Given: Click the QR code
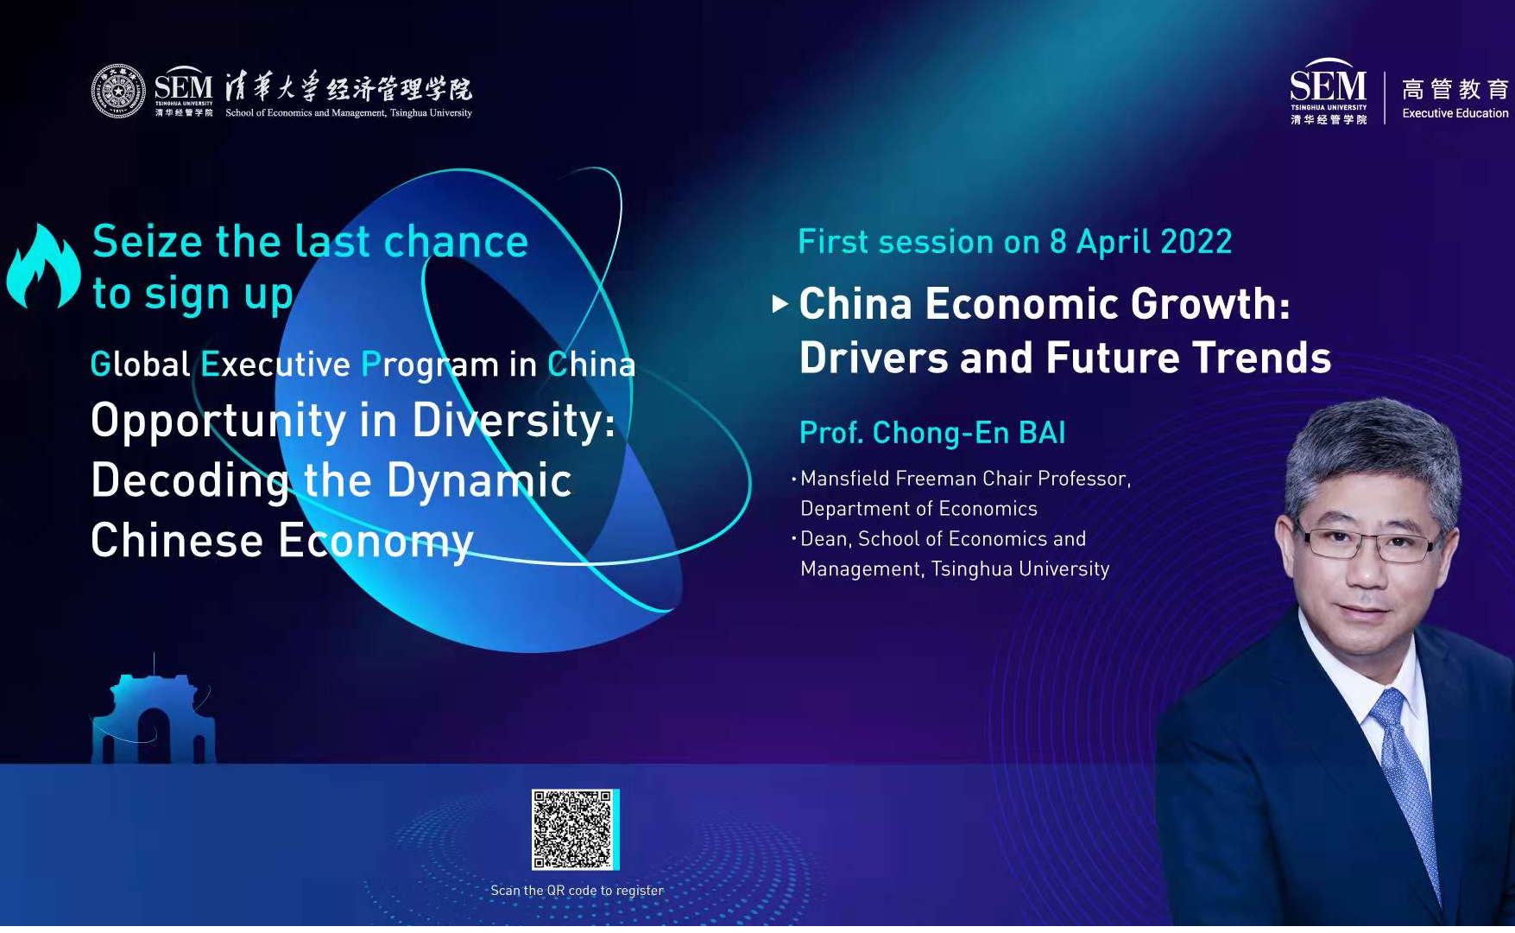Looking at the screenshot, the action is [x=573, y=829].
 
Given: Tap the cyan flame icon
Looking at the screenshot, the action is [x=43, y=267].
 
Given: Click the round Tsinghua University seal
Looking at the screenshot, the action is [x=119, y=91].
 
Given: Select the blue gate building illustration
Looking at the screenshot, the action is [x=153, y=715].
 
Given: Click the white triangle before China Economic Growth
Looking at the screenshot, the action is [x=780, y=304].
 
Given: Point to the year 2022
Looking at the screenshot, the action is [x=1196, y=242].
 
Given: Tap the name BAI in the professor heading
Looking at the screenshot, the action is [x=1042, y=433].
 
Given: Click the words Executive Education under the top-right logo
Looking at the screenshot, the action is [x=1455, y=113].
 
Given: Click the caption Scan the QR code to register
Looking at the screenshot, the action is [x=577, y=891].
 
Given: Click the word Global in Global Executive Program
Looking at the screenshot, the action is [x=140, y=365].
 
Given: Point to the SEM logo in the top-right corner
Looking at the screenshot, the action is [x=1329, y=92].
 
